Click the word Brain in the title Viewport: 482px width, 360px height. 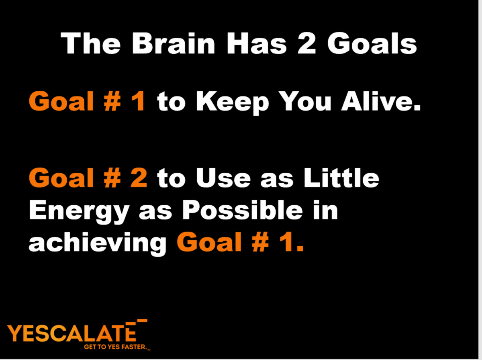(x=173, y=43)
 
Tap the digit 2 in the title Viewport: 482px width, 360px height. (x=307, y=43)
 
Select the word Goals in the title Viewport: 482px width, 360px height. (x=372, y=43)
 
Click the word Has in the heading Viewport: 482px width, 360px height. (x=257, y=43)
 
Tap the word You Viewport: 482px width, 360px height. (x=306, y=101)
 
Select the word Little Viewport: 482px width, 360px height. (x=341, y=178)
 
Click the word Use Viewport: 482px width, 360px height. (x=223, y=178)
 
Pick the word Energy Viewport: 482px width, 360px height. (x=79, y=211)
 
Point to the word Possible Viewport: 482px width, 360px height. (x=243, y=210)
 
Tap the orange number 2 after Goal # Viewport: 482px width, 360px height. (x=139, y=178)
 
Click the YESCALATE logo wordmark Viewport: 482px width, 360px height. (x=72, y=333)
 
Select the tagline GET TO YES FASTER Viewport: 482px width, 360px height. (x=116, y=347)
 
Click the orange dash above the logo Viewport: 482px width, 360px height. (x=142, y=321)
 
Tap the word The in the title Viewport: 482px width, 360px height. (x=90, y=43)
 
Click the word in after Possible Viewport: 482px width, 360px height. (x=325, y=210)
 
